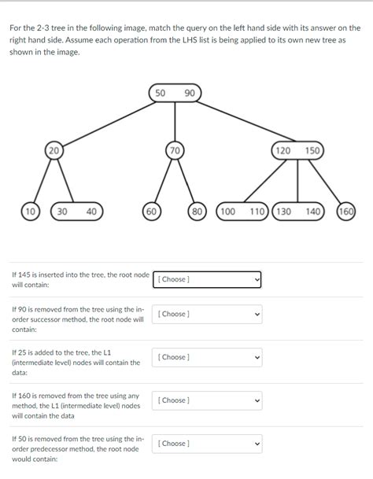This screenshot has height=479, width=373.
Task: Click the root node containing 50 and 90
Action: coord(175,94)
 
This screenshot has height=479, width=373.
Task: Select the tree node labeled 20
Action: coord(54,149)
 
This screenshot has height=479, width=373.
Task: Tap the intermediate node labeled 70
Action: coord(175,149)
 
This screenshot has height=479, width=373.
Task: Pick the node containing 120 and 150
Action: coord(297,149)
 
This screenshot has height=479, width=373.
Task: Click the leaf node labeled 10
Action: coord(30,211)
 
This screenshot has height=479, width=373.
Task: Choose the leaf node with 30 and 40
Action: coord(76,211)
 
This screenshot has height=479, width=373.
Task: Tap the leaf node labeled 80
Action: coord(198,211)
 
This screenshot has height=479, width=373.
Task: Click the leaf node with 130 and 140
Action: coord(297,211)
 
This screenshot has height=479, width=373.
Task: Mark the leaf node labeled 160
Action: coord(345,211)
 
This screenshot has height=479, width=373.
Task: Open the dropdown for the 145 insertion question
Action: coord(207,279)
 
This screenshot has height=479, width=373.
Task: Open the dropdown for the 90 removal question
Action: coord(207,314)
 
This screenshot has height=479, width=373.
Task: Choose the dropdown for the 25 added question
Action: coord(207,357)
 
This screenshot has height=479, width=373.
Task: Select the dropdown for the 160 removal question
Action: coord(207,400)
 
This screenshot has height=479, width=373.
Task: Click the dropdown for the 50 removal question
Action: coord(207,444)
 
